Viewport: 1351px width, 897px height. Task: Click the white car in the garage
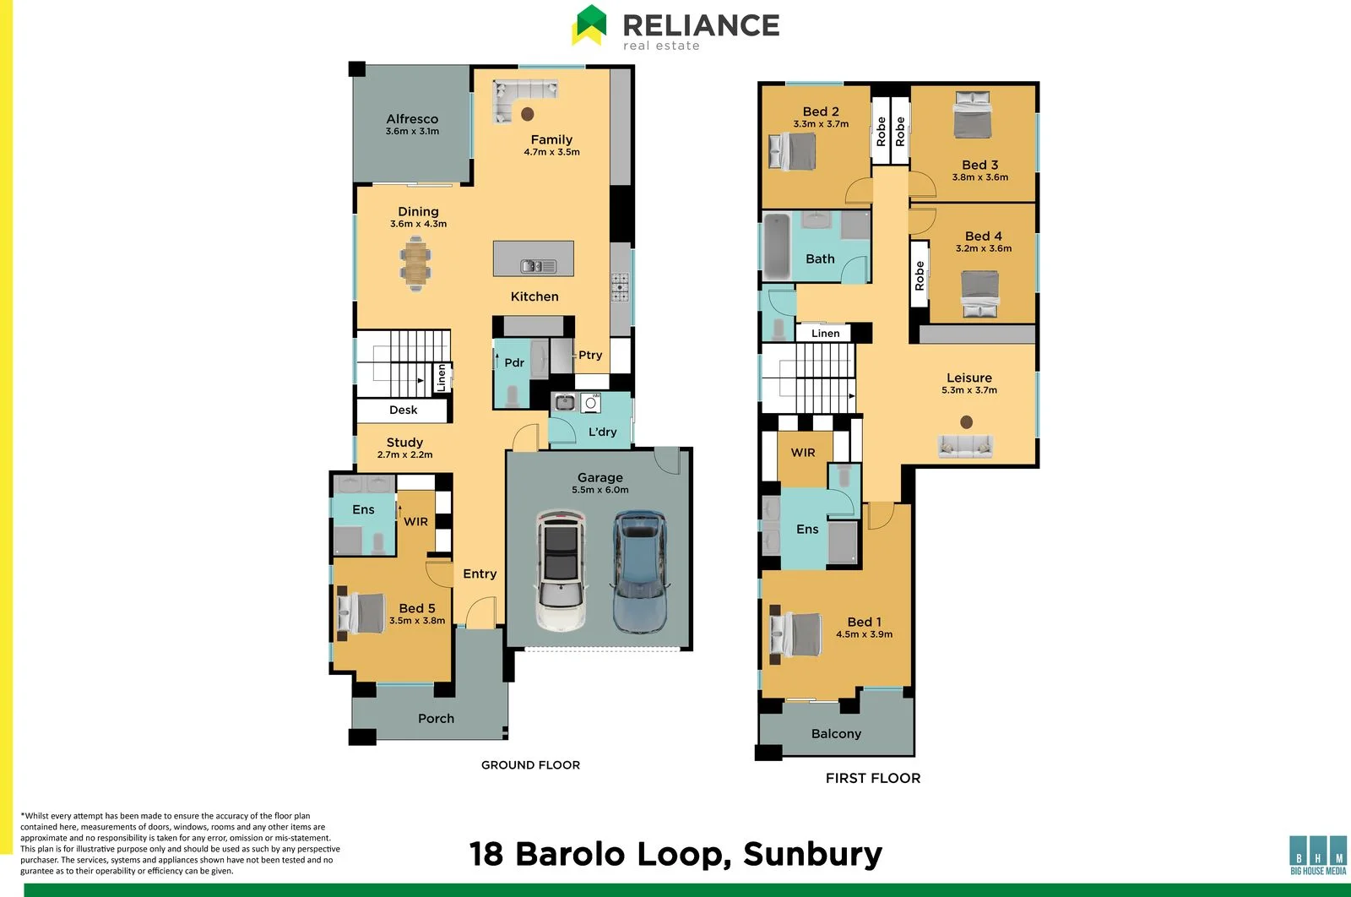click(561, 570)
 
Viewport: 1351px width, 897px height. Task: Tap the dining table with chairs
click(415, 264)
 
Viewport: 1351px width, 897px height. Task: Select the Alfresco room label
click(413, 119)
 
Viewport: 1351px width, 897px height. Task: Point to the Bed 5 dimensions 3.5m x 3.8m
click(417, 620)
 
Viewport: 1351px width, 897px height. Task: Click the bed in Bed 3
click(973, 115)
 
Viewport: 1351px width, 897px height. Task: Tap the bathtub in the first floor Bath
click(777, 246)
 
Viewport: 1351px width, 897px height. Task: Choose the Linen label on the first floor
click(825, 333)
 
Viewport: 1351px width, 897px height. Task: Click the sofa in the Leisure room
click(965, 447)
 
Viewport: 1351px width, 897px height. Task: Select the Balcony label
click(836, 733)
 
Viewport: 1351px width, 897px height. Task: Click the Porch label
click(436, 719)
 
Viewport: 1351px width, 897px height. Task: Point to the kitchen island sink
click(539, 266)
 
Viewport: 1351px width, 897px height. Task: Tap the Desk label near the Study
click(403, 410)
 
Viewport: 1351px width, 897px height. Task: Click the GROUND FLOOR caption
click(531, 765)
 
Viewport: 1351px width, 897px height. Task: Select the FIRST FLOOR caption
click(873, 778)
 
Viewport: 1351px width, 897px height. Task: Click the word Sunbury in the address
click(812, 855)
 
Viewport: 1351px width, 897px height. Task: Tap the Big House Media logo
click(1318, 856)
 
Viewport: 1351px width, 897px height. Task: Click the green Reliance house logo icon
click(589, 24)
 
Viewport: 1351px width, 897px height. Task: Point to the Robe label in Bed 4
click(920, 275)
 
